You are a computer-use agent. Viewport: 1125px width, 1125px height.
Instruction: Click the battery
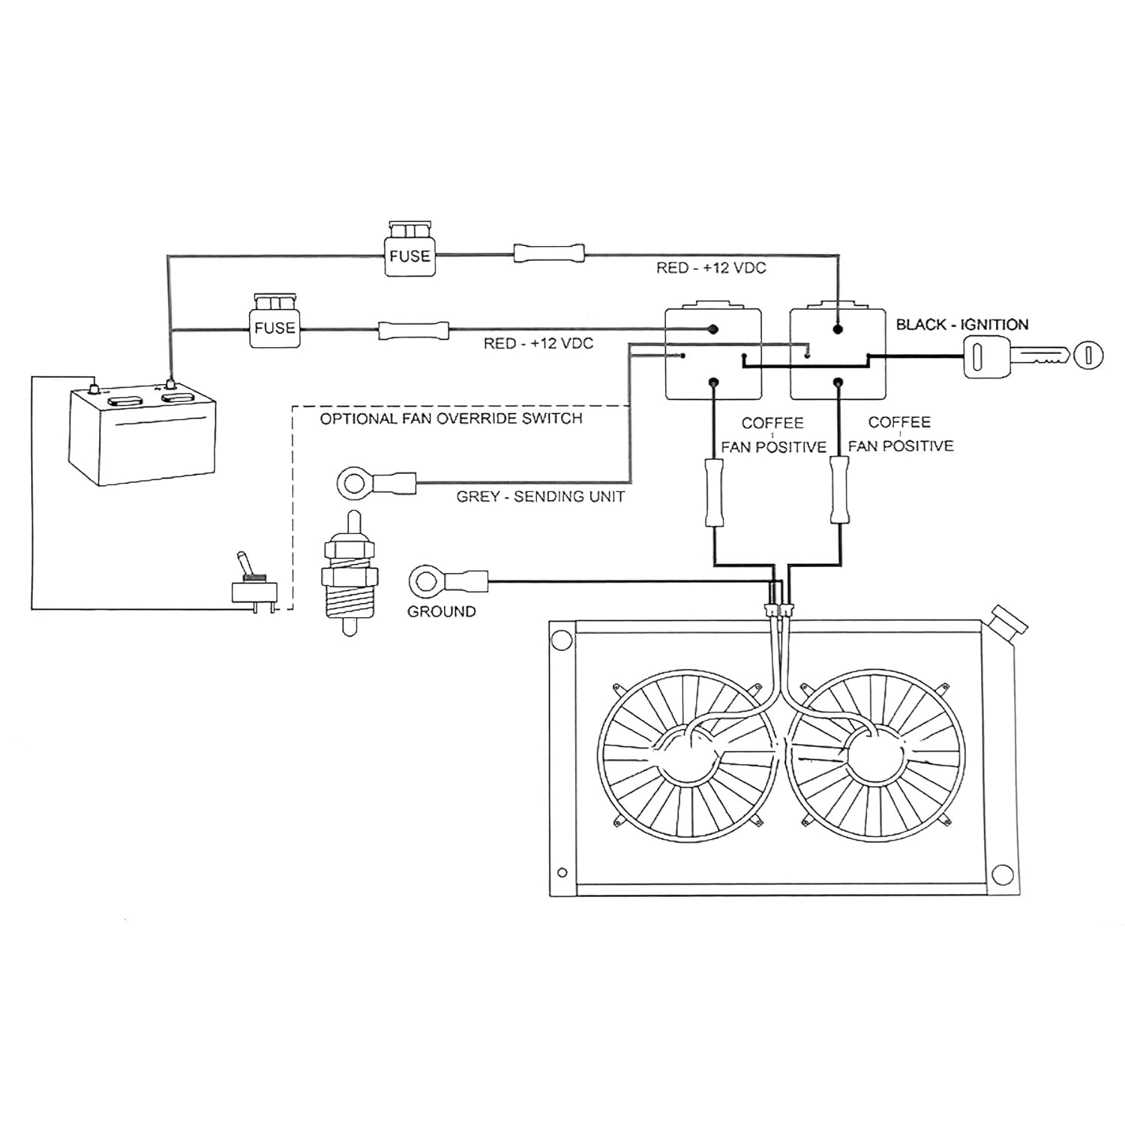point(142,435)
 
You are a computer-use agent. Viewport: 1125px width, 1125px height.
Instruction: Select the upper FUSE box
point(409,251)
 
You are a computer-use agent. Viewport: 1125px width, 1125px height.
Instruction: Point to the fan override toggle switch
point(251,585)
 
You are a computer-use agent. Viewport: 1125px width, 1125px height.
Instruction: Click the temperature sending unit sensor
point(349,574)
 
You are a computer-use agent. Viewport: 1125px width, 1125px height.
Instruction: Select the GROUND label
point(441,611)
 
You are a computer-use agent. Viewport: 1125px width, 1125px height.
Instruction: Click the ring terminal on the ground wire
point(426,580)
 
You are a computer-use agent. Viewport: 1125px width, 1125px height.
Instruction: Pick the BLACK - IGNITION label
point(962,325)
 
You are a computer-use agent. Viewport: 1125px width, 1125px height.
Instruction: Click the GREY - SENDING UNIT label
point(540,496)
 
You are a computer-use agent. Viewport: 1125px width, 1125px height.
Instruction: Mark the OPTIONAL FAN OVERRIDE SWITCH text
point(451,418)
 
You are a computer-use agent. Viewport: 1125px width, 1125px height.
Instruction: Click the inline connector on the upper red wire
point(548,253)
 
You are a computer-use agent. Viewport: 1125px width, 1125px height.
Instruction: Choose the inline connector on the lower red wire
point(414,329)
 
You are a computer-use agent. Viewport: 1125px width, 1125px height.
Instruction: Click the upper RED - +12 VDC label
point(711,268)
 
